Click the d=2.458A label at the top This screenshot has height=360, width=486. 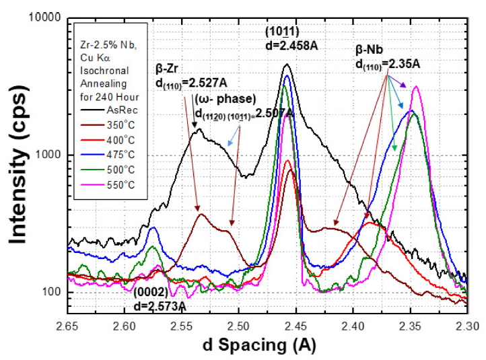point(287,46)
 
